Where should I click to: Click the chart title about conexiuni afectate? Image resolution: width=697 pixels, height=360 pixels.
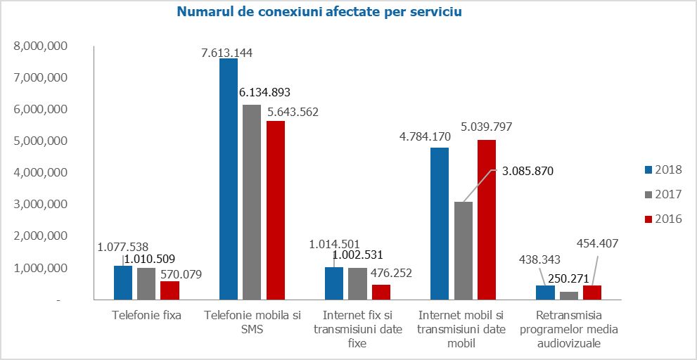click(319, 13)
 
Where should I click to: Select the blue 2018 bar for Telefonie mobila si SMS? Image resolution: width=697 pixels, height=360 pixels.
click(229, 179)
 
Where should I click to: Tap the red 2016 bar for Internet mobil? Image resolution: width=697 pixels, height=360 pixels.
click(486, 219)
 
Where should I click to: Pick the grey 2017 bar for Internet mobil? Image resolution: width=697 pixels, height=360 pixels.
click(463, 250)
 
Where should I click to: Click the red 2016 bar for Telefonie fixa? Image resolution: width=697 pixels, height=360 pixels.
click(170, 290)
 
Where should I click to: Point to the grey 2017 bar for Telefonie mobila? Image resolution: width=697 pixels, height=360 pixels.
click(252, 202)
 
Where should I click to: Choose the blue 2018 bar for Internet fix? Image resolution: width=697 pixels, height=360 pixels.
click(334, 283)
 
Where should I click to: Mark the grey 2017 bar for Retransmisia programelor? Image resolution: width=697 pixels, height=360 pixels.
click(568, 295)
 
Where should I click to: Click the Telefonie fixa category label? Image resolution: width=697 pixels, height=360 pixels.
click(146, 315)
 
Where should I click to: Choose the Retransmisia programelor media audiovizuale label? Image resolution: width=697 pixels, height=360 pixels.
click(568, 329)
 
